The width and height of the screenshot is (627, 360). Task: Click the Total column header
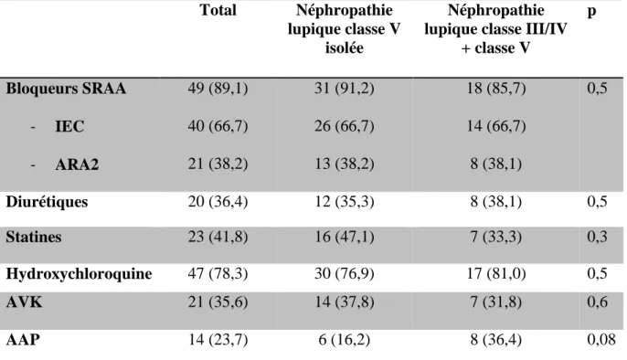[x=218, y=10]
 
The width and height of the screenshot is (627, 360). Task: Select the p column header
[x=591, y=11]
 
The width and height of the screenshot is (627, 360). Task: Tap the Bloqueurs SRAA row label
[x=66, y=89]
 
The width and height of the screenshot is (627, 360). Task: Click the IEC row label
[x=69, y=126]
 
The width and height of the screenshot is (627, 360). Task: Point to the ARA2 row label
[x=77, y=164]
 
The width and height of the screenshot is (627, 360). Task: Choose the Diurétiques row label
[x=47, y=202]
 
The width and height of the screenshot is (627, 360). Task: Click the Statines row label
[x=34, y=237]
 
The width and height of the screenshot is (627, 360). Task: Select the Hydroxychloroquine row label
[x=79, y=274]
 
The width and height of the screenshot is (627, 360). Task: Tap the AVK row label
[x=24, y=302]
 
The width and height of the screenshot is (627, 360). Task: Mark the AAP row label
[x=23, y=340]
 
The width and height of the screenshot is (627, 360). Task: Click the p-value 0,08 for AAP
[x=601, y=340]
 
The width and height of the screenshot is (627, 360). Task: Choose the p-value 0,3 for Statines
[x=598, y=237]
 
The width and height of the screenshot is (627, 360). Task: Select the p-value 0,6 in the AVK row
[x=598, y=302]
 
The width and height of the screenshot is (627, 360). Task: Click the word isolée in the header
[x=344, y=48]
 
